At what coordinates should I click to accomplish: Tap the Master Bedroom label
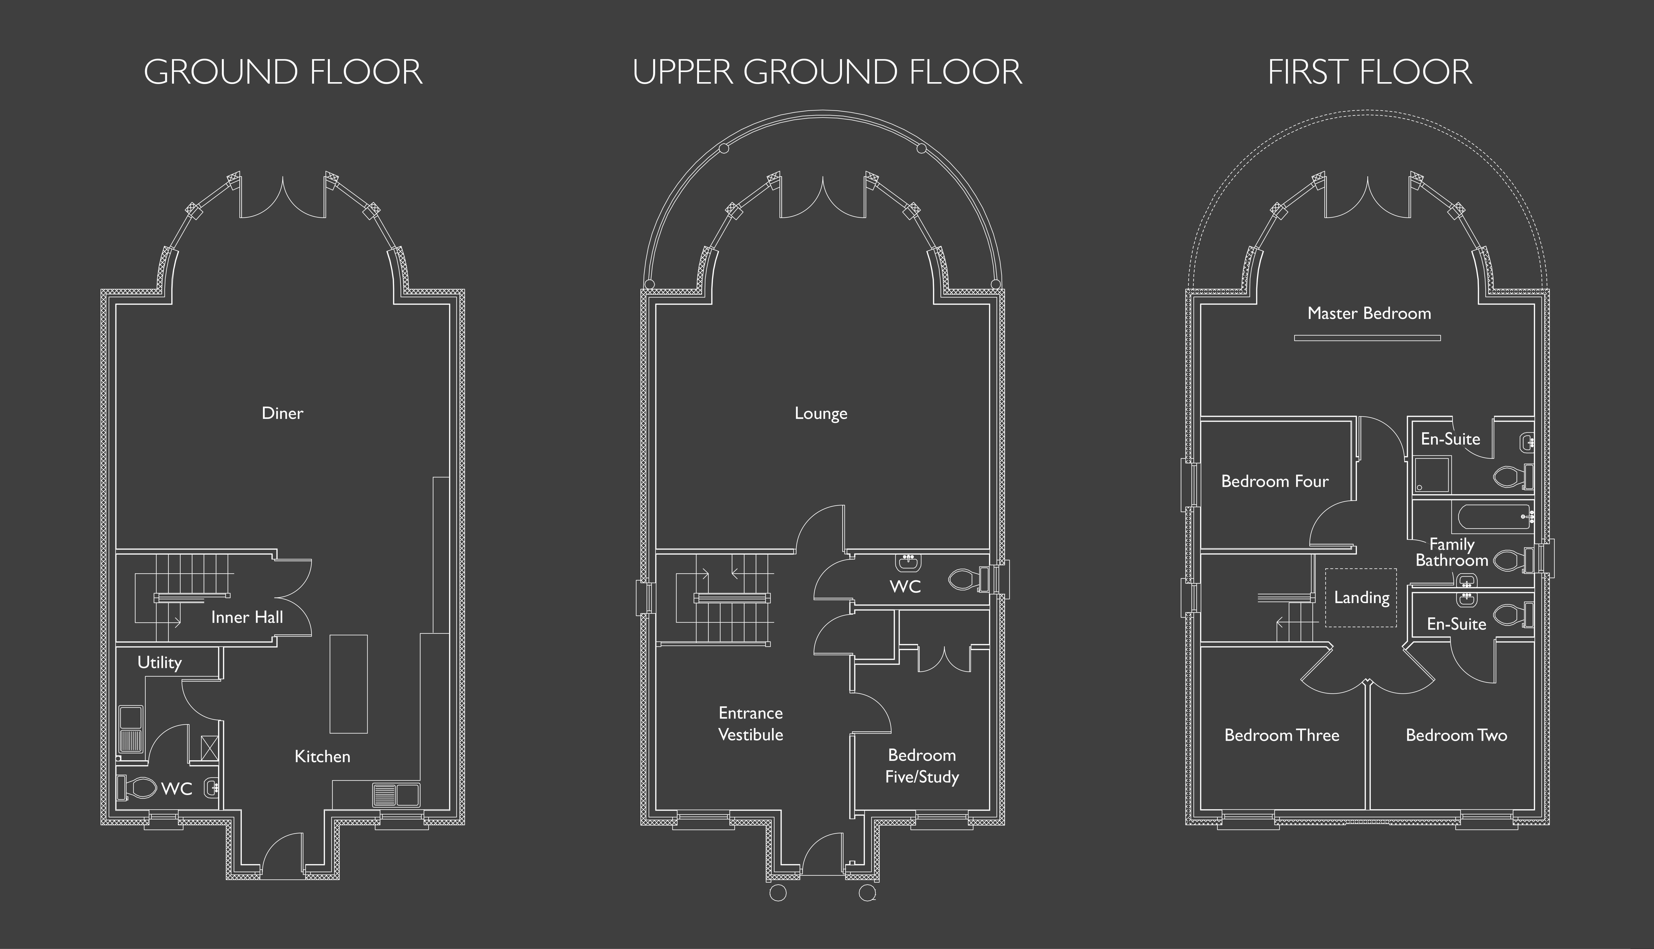pos(1369,313)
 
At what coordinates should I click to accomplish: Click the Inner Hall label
pos(247,617)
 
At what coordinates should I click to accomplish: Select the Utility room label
pos(160,663)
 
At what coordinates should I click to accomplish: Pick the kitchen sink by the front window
pos(396,794)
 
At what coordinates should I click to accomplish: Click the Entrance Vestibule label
pos(751,723)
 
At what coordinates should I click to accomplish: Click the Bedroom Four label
pos(1275,482)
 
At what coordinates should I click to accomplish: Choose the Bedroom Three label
pos(1282,735)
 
